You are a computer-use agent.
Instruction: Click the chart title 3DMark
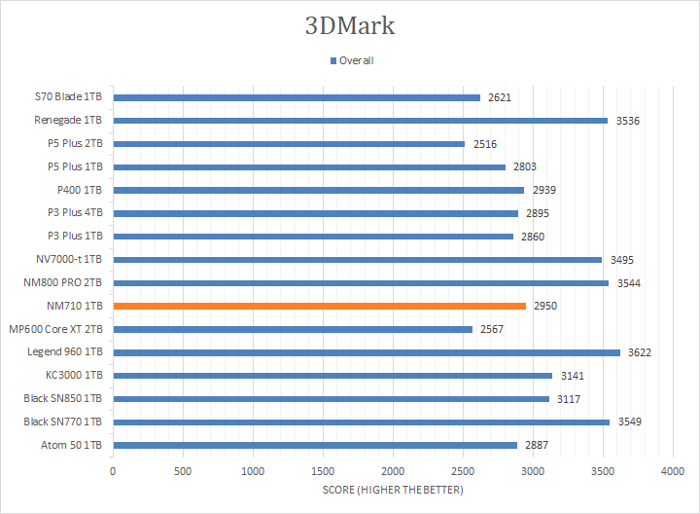[x=350, y=25]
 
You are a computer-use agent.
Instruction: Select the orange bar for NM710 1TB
[x=320, y=306]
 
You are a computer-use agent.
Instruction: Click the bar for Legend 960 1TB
[x=367, y=351]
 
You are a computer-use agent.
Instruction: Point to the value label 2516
[x=485, y=144]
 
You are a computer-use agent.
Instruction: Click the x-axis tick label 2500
[x=463, y=471]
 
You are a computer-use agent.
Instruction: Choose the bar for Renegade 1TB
[x=361, y=121]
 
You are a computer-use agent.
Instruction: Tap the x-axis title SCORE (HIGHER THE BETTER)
[x=393, y=490]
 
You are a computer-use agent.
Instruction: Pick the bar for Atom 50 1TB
[x=315, y=445]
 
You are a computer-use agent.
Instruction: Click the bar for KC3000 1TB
[x=332, y=375]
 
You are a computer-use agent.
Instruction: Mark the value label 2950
[x=546, y=306]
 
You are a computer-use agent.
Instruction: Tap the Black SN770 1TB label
[x=63, y=422]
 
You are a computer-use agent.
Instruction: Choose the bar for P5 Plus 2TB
[x=289, y=144]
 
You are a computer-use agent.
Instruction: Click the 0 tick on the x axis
[x=113, y=471]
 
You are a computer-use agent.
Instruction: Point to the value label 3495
[x=622, y=259]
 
